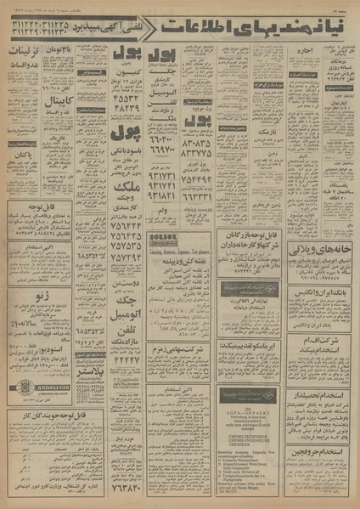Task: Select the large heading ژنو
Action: click(50, 295)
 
